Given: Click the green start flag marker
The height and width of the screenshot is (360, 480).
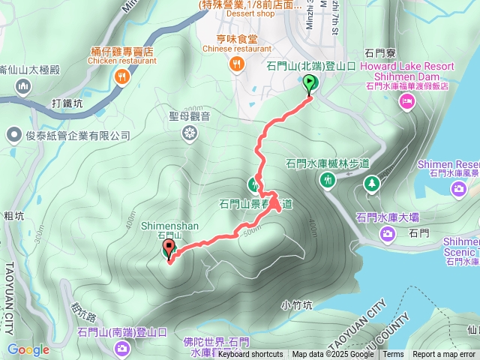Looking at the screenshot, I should tap(309, 85).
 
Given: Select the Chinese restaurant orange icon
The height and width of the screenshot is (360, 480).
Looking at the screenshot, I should tap(237, 65).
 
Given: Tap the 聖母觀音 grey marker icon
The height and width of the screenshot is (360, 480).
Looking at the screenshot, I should tap(190, 133).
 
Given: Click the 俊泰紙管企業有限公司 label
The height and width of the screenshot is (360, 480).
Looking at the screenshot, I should tap(78, 136).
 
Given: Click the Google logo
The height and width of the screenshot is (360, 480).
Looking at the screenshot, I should tap(28, 349).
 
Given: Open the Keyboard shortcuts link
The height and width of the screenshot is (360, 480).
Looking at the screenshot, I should tap(250, 355).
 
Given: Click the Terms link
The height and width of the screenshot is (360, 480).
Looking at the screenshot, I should tap(393, 355).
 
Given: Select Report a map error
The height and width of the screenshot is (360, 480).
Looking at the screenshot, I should tap(445, 355).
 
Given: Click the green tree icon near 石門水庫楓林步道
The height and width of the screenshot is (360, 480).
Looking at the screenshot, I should tap(371, 182).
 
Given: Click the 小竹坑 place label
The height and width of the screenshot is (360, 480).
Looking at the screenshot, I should tap(296, 304).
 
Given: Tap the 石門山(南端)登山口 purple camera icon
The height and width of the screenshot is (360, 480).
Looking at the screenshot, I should tap(122, 348).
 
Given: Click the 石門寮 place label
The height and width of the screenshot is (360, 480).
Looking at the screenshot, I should tap(379, 53).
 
